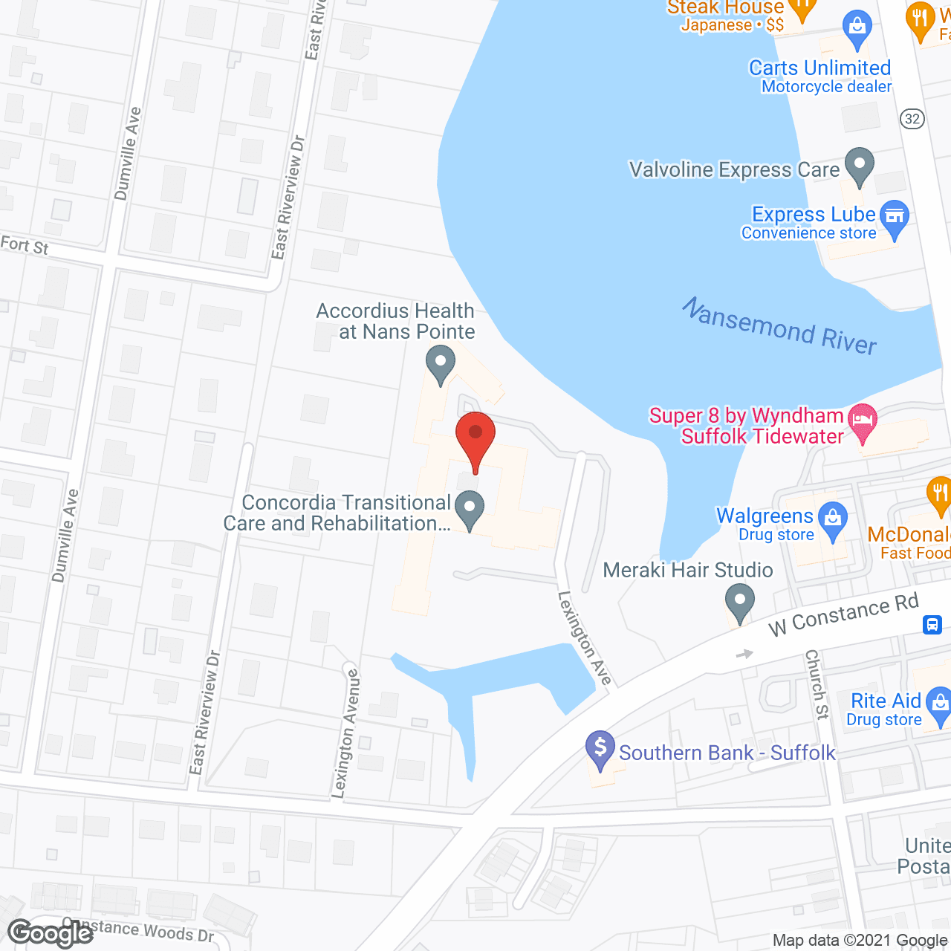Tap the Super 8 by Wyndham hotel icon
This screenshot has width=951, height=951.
[863, 421]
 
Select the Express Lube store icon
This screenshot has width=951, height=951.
[895, 216]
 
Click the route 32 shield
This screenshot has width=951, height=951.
[912, 119]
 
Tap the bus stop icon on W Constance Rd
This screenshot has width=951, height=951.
[932, 624]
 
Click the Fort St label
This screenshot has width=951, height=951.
[25, 245]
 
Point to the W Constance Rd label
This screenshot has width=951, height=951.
[843, 616]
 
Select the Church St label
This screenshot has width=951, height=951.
[817, 684]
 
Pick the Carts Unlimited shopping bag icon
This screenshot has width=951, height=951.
[857, 27]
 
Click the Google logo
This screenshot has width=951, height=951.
[51, 933]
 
